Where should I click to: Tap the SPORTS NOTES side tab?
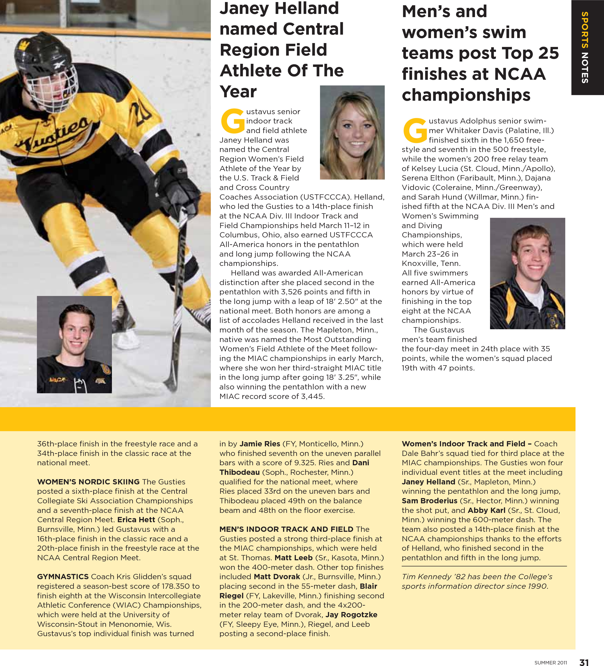click(585, 47)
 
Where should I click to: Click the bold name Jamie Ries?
click(260, 444)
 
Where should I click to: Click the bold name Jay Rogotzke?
click(351, 615)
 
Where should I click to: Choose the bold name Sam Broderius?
click(430, 501)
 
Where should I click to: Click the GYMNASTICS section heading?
click(63, 576)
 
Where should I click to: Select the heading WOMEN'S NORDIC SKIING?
click(88, 482)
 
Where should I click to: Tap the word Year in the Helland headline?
click(238, 92)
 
